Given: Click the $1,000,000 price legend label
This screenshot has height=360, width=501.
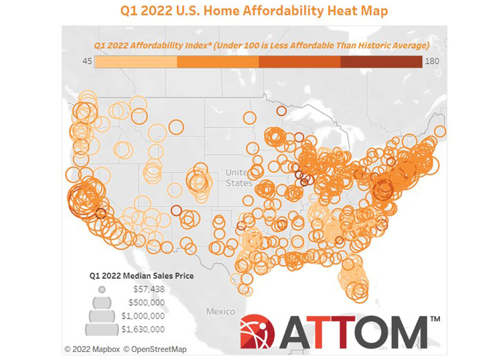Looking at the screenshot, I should tap(146, 315).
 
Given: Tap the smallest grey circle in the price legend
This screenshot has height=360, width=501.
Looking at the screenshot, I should tap(102, 290).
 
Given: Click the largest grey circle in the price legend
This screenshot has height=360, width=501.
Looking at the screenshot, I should tap(102, 328).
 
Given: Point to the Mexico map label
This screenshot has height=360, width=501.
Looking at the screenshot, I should tap(220, 312).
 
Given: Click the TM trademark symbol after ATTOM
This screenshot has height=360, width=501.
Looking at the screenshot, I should tap(434, 320).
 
